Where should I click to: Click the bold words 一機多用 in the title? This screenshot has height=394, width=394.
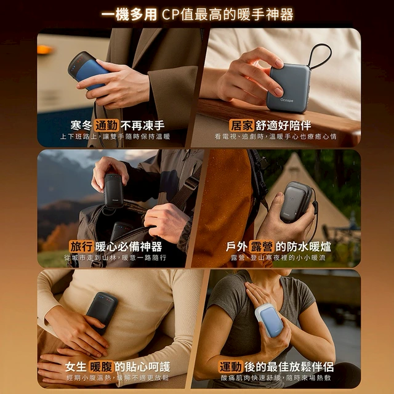pos(129,14)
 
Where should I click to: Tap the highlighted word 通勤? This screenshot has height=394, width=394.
pos(107,126)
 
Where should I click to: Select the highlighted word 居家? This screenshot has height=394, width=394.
pos(241,125)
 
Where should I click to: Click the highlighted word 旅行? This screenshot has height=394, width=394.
pos(81,246)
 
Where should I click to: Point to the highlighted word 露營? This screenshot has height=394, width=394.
pos(261,246)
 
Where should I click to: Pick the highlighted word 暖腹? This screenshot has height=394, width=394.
pos(102,367)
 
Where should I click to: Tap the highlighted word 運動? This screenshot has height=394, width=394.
pos(231,367)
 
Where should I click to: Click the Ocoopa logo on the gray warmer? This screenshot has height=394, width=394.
pos(287,100)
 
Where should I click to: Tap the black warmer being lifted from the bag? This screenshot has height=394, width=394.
pos(113,190)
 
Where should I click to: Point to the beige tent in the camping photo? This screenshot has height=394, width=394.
pos(308,196)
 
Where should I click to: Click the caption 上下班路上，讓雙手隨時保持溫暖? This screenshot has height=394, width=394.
pos(115,137)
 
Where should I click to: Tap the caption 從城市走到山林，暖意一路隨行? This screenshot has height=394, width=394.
pos(115,257)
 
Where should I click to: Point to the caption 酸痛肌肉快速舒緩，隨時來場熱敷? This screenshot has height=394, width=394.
pos(276,377)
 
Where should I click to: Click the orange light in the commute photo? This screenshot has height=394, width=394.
pos(45,49)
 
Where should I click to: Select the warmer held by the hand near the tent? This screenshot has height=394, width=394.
pos(297,203)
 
